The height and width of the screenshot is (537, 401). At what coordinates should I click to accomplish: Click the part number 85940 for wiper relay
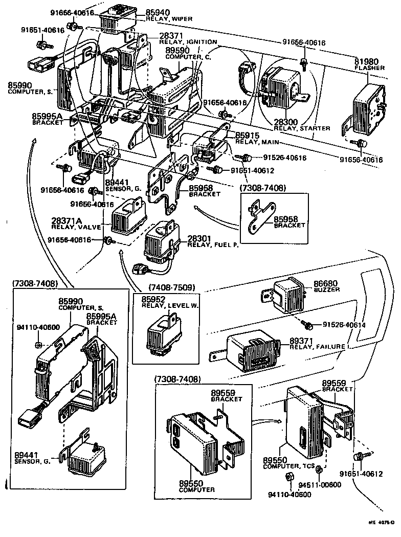pyautogui.click(x=159, y=12)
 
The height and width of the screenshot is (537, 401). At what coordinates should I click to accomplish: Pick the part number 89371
pyautogui.click(x=302, y=340)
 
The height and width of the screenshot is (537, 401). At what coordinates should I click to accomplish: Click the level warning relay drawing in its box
pyautogui.click(x=163, y=332)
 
